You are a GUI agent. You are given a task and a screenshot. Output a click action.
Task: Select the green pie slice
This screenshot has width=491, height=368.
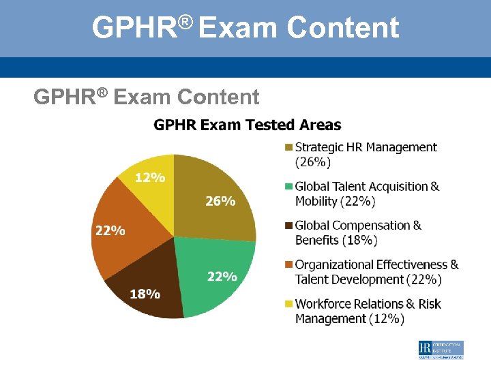pyautogui.click(x=215, y=273)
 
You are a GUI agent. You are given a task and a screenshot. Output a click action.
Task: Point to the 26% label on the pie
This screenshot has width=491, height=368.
pyautogui.click(x=220, y=201)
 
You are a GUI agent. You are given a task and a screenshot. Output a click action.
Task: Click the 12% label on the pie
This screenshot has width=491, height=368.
pyautogui.click(x=150, y=178)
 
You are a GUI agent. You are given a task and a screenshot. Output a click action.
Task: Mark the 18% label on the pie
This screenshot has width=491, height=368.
pyautogui.click(x=145, y=294)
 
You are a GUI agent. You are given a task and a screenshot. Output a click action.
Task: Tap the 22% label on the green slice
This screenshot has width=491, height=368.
pyautogui.click(x=222, y=277)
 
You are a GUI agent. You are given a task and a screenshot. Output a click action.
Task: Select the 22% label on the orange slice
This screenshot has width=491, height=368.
pyautogui.click(x=110, y=230)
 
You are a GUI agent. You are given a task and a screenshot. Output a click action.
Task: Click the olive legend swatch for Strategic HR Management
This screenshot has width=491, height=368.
pyautogui.click(x=288, y=147)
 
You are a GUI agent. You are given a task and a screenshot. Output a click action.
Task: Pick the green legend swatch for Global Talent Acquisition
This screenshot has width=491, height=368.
pyautogui.click(x=288, y=187)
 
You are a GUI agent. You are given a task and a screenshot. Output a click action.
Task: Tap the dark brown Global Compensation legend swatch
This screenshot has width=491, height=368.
pyautogui.click(x=288, y=226)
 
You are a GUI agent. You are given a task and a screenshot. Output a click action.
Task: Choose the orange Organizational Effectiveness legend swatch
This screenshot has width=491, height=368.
pyautogui.click(x=288, y=265)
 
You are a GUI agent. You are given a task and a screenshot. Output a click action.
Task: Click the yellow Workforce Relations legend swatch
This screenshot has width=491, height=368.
pyautogui.click(x=288, y=304)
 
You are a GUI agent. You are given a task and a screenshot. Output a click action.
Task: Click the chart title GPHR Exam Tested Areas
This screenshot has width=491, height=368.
pyautogui.click(x=248, y=125)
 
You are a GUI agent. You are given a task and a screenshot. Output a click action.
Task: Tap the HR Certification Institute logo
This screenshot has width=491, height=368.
pyautogui.click(x=441, y=350)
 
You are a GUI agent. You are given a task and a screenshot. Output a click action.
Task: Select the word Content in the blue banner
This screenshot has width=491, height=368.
pyautogui.click(x=343, y=28)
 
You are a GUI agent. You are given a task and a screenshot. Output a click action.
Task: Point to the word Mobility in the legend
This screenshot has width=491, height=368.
pyautogui.click(x=316, y=201)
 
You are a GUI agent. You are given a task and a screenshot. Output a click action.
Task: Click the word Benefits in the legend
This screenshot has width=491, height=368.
pyautogui.click(x=317, y=240)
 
